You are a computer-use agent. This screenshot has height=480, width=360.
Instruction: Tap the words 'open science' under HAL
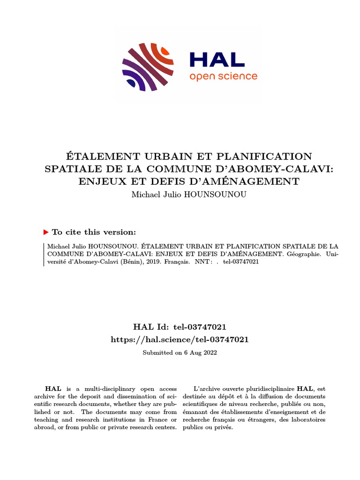pos(223,76)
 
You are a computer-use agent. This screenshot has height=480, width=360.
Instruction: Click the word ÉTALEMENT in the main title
pos(97,156)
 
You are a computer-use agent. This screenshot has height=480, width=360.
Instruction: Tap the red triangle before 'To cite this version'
pos(46,232)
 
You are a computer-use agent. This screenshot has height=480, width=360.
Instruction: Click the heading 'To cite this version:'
pos(94,232)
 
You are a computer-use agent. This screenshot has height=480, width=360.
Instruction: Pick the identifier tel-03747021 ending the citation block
pos(241,262)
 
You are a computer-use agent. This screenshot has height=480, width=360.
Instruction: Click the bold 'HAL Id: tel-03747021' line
pos(180,327)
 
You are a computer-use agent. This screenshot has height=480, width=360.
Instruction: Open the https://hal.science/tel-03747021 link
pos(180,339)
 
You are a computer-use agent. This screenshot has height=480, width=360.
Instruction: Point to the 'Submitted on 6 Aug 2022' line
pos(180,352)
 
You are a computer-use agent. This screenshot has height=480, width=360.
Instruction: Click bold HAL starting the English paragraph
pos(50,389)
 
